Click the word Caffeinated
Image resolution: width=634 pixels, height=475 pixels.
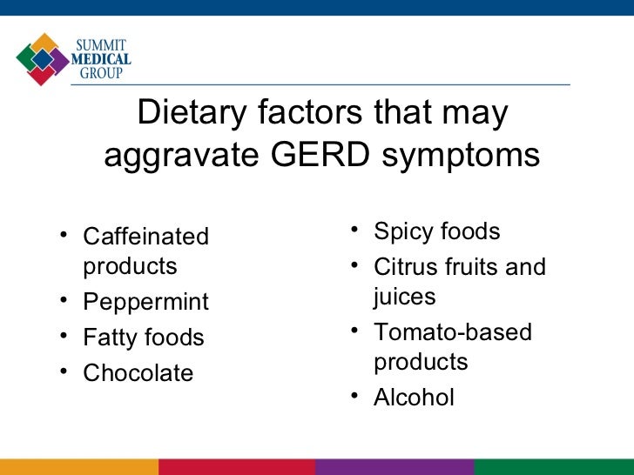(x=145, y=237)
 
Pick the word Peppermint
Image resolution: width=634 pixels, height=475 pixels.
(x=145, y=302)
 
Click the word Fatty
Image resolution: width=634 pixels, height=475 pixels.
(x=110, y=338)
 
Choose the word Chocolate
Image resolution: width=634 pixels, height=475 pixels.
(x=138, y=373)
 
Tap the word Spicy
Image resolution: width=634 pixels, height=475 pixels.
(x=402, y=233)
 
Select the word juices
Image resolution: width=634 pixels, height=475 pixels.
(x=405, y=298)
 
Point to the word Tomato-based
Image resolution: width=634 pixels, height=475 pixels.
(x=453, y=332)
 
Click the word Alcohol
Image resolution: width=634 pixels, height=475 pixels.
(x=414, y=398)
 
